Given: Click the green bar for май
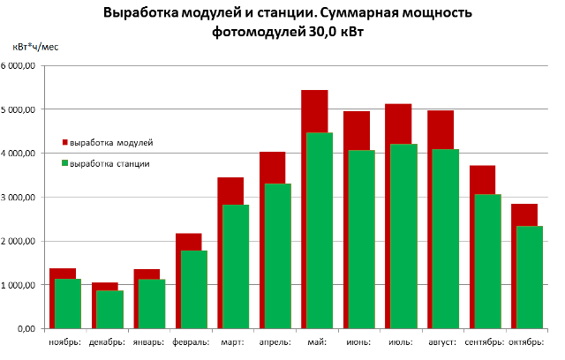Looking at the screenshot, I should (x=319, y=229).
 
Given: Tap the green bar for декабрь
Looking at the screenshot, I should (x=109, y=309).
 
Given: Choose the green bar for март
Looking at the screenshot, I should (x=235, y=266).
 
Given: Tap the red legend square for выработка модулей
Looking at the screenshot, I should (x=64, y=141).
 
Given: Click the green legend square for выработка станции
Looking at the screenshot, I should (x=64, y=163).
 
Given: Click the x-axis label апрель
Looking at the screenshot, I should (x=273, y=341).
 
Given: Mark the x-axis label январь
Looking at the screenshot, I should (x=147, y=341).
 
